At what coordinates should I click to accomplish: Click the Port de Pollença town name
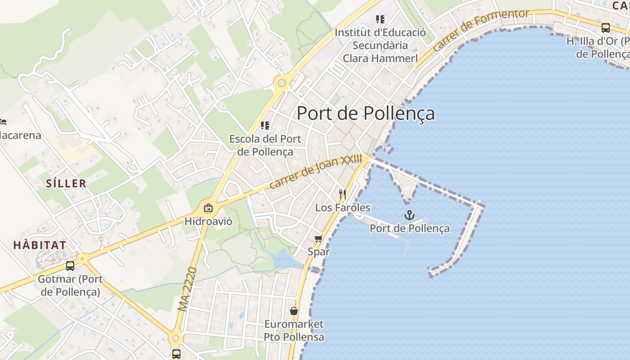[365, 113]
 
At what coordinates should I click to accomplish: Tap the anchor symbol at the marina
[409, 216]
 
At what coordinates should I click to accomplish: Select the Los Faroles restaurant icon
[343, 194]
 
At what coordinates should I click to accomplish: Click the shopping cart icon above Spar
[319, 238]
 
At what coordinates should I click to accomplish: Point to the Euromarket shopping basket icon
[294, 310]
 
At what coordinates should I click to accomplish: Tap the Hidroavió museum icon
[208, 208]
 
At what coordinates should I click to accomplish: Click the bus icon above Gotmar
[70, 266]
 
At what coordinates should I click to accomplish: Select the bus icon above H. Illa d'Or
[606, 28]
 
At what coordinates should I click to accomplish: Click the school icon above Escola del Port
[265, 126]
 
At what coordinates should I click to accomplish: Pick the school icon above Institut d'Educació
[380, 19]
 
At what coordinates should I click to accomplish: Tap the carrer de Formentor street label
[481, 30]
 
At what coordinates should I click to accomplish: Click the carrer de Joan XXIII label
[316, 171]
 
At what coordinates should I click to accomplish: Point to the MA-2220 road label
[188, 289]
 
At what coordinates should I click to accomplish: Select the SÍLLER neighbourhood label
[66, 183]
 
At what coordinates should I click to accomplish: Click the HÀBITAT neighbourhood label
[40, 245]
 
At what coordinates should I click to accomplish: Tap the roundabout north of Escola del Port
[282, 83]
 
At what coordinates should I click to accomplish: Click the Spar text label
[319, 252]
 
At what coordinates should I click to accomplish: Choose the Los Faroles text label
[343, 207]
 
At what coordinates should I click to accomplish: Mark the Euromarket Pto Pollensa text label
[294, 330]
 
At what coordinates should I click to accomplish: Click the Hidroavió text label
[208, 221]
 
